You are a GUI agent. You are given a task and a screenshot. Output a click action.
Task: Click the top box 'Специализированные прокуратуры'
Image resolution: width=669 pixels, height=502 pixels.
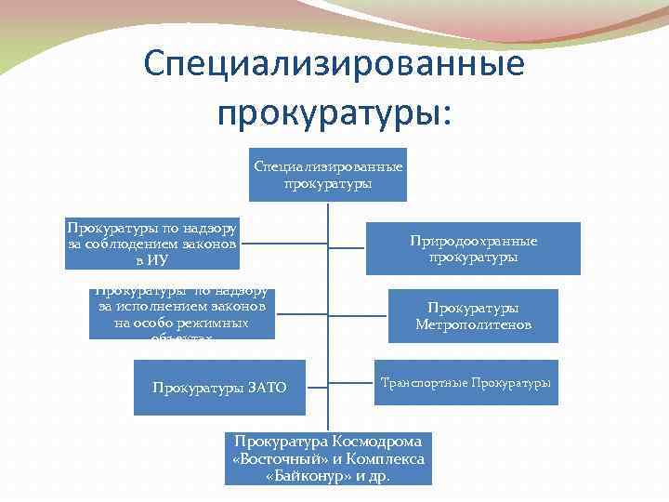coord(327,175)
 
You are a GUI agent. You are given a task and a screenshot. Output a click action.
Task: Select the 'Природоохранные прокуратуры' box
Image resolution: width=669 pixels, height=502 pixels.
coord(473,248)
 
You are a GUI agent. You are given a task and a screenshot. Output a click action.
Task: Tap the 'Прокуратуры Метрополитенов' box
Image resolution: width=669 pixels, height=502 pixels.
coord(473,316)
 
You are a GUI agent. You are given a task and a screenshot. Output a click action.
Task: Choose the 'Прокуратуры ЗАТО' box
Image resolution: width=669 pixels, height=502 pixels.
coord(219,387)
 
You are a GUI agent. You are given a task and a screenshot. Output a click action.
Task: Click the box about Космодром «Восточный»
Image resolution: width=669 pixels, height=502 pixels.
coord(328,458)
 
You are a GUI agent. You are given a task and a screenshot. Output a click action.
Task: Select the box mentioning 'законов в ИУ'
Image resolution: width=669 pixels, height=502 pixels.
coord(152,244)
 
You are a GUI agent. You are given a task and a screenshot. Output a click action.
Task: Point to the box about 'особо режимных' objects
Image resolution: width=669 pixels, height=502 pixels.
coord(182,313)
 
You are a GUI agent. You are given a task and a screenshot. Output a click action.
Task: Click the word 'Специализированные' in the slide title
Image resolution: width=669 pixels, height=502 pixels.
coord(334,66)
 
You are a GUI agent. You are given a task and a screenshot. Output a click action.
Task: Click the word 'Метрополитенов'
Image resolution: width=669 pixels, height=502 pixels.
coord(473,324)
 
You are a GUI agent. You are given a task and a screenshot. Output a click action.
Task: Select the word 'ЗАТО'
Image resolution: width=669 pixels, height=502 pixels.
coord(268,387)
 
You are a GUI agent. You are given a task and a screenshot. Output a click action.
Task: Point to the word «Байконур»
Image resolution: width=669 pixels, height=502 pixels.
coord(304,475)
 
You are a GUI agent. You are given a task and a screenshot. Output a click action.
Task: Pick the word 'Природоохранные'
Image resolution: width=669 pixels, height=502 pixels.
coord(473,241)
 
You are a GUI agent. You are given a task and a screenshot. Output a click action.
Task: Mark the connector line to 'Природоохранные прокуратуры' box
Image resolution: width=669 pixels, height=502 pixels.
coord(348,248)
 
